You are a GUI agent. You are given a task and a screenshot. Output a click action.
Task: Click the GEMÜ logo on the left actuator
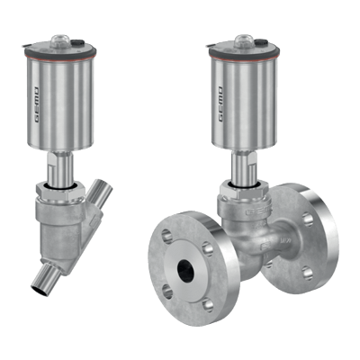coord(36,104)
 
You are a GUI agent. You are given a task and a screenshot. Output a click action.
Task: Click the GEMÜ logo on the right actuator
coord(220,104)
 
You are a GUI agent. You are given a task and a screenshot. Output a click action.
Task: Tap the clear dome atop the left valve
coord(60,40)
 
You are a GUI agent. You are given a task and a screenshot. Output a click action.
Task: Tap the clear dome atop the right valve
coord(245,40)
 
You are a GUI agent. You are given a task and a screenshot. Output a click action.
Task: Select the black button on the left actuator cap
coord(78,42)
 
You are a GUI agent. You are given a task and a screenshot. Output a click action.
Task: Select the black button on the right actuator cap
coord(263,42)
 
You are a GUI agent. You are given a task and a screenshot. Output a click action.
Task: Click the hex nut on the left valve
coord(61,192)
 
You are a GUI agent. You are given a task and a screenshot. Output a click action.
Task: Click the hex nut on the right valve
coord(245,192)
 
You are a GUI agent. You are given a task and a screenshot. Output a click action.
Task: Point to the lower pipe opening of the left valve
coord(40,291)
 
